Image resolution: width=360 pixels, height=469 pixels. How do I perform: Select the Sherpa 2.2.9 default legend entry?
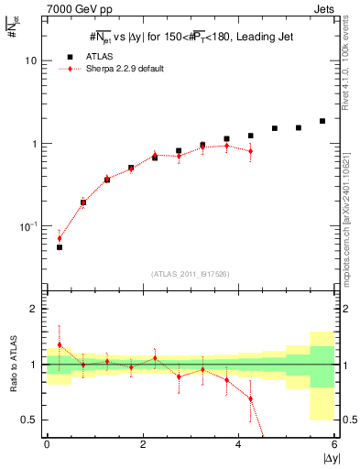pos(132,69)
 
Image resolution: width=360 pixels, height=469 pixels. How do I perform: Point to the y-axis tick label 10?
pos(30,60)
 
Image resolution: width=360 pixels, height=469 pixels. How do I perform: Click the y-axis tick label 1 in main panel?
pos(35,144)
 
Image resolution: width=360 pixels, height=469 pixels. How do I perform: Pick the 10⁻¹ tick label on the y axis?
pos(28,226)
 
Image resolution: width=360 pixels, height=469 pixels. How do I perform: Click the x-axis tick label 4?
pos(238,444)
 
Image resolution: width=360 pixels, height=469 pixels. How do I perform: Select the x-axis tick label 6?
pos(334,444)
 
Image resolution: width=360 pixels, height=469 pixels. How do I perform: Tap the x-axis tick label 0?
pos(47,444)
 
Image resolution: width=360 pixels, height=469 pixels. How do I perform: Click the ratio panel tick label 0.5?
pos(31,420)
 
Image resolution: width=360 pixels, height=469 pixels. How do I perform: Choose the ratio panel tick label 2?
pos(35,310)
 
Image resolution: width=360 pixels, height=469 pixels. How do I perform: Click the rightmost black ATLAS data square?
pos(322,121)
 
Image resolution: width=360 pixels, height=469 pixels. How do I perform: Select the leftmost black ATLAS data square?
pos(60,247)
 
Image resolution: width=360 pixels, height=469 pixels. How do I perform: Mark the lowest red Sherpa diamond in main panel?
pos(60,238)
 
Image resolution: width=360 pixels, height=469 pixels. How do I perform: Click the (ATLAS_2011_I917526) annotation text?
pos(191,274)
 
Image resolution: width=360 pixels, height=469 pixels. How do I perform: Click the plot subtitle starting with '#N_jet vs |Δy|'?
pos(191,39)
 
